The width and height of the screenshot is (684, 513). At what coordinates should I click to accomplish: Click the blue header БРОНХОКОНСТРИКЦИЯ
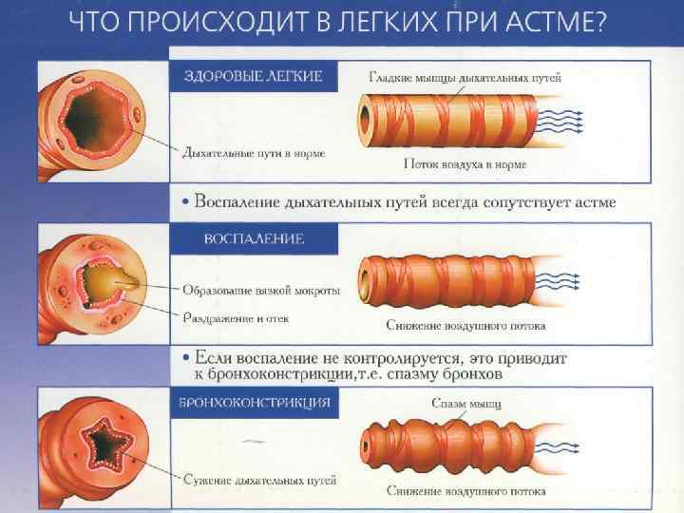[255, 403]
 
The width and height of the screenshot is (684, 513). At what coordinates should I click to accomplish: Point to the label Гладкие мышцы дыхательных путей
[465, 77]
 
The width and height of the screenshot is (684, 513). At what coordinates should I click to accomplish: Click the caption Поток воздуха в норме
[465, 164]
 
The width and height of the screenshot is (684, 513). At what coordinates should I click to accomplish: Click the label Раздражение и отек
[237, 318]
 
